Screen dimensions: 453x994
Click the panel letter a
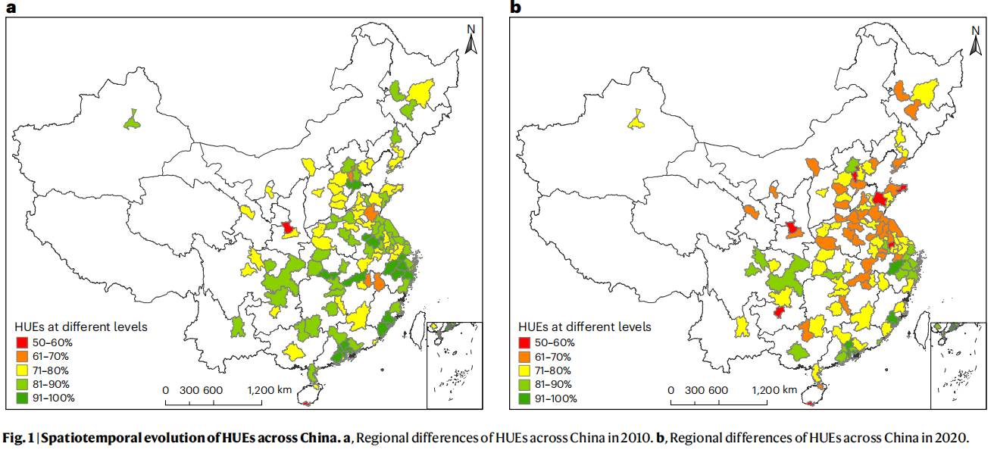(x=11, y=8)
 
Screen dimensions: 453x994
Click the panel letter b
(x=516, y=8)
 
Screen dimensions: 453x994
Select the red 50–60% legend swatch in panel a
(x=22, y=343)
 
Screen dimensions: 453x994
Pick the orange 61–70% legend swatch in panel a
(x=22, y=357)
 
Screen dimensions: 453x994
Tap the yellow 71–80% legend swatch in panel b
(x=527, y=370)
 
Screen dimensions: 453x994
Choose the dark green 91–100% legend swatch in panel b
(x=527, y=398)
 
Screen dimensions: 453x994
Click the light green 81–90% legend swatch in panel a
(x=22, y=384)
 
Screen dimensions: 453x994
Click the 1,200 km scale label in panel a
(x=270, y=390)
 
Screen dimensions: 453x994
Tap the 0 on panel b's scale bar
(x=670, y=390)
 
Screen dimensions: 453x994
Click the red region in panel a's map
(x=287, y=227)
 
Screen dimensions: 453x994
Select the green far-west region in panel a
(x=133, y=120)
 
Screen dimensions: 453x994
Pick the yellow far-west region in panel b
(x=637, y=120)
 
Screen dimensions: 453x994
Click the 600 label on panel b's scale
(x=719, y=390)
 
